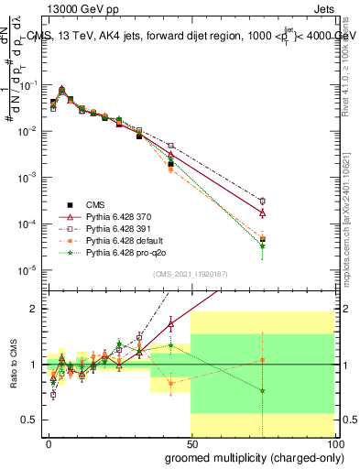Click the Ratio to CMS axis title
19,365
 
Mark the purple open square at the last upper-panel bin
263,202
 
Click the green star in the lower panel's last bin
263,391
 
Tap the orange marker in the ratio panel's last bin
263,360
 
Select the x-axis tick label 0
49,442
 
